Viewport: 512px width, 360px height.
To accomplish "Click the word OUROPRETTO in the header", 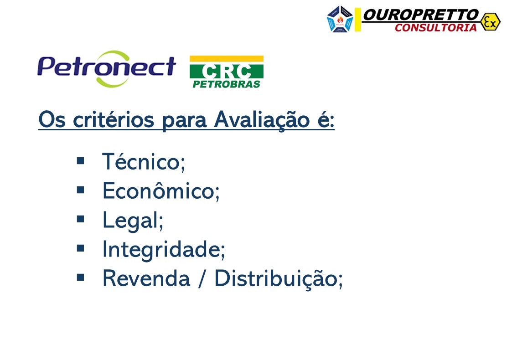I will (420, 15).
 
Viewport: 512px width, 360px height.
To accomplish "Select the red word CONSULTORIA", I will (435, 28).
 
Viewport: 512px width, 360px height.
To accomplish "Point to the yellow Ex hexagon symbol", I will (490, 21).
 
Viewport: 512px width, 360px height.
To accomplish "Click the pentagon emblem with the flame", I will (340, 20).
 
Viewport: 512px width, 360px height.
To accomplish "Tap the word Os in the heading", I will (50, 120).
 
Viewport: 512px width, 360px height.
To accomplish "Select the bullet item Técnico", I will (143, 162).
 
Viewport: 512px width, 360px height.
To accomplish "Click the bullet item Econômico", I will (160, 191).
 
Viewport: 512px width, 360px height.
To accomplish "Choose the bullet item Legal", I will (132, 221).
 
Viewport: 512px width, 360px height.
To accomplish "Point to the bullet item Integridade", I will (163, 250).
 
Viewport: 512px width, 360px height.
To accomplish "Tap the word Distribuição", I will (278, 278).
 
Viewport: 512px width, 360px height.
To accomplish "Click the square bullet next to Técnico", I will (81, 160).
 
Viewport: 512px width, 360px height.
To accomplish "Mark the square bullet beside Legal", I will (81, 219).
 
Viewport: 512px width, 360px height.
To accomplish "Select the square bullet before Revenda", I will (81, 277).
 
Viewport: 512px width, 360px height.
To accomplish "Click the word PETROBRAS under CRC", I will (226, 84).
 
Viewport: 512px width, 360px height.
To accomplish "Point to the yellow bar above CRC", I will (226, 58).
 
